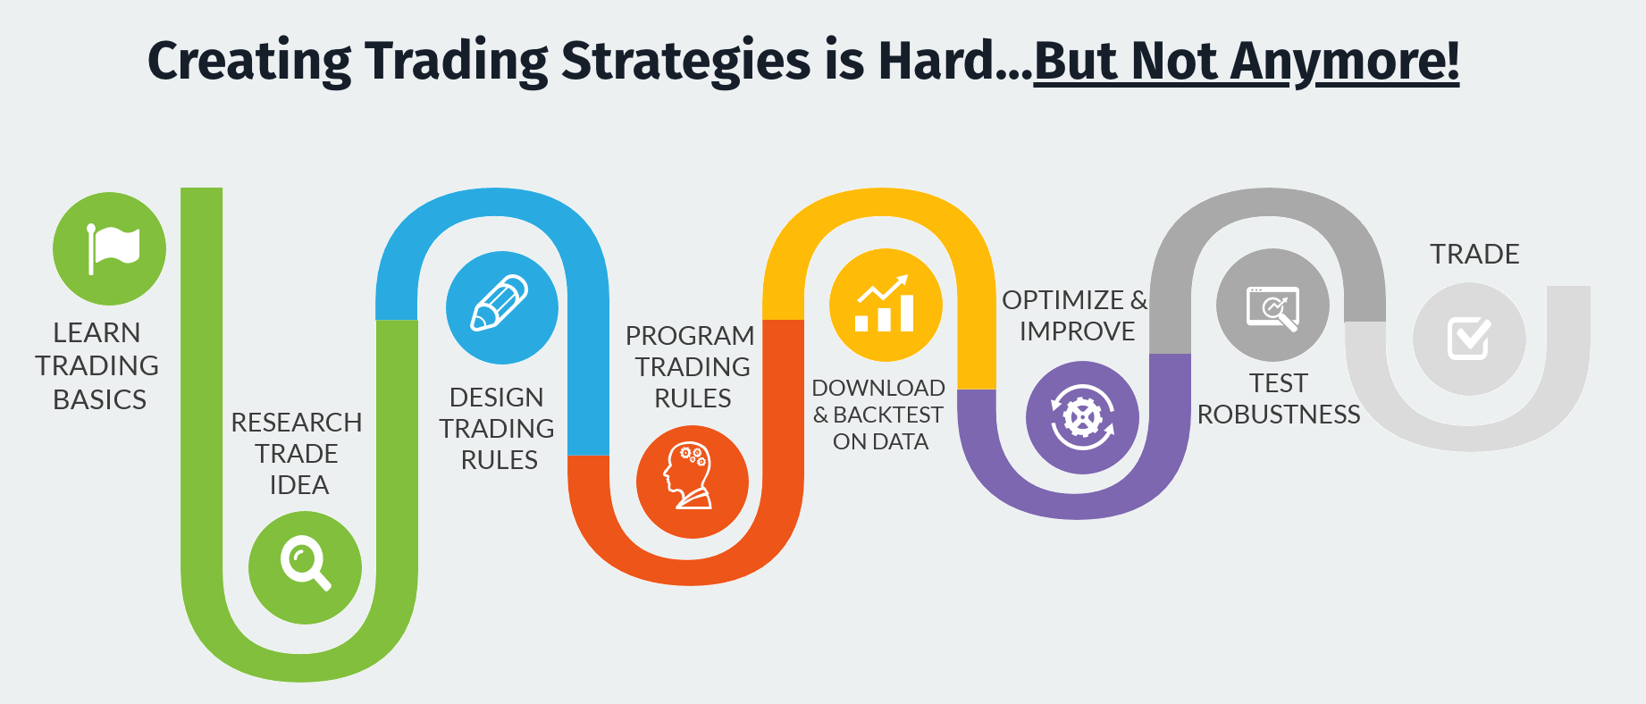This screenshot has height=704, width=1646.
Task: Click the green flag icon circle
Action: pyautogui.click(x=109, y=248)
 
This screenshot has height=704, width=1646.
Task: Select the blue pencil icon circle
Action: pyautogui.click(x=502, y=307)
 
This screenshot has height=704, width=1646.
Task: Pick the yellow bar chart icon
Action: pyautogui.click(x=884, y=304)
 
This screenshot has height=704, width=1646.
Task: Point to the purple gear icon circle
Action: pyautogui.click(x=1082, y=417)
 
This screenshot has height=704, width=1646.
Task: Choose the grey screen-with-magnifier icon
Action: pyautogui.click(x=1272, y=308)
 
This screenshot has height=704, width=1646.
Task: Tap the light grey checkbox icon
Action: pyautogui.click(x=1469, y=339)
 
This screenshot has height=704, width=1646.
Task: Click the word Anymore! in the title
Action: pyautogui.click(x=1345, y=62)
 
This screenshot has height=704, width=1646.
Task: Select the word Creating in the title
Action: pyautogui.click(x=249, y=62)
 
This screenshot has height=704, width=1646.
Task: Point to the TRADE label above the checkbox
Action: pyautogui.click(x=1474, y=254)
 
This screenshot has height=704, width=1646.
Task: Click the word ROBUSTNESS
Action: pyautogui.click(x=1279, y=415)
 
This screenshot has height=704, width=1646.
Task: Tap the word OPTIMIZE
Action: pyautogui.click(x=1062, y=300)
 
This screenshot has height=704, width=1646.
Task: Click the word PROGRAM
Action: pyautogui.click(x=690, y=336)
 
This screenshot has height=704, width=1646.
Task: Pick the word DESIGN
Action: pyautogui.click(x=496, y=397)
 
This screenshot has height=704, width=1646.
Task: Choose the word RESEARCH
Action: pyautogui.click(x=297, y=423)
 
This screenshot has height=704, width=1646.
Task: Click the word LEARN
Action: pyautogui.click(x=97, y=333)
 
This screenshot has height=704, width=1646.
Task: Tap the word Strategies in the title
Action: pyautogui.click(x=686, y=62)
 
